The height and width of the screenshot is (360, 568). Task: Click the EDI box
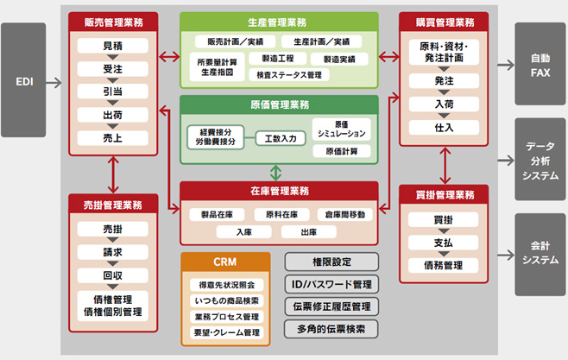coord(23,80)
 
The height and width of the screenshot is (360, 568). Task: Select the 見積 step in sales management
coord(113,46)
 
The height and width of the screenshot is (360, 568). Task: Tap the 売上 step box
coord(113,138)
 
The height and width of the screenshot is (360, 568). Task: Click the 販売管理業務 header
coord(113,22)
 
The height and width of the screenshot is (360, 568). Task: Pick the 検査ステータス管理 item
coord(289,75)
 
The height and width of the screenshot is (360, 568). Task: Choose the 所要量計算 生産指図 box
coord(217,67)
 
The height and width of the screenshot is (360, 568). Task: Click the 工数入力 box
coord(281,138)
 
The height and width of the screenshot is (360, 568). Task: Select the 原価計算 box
coord(342,151)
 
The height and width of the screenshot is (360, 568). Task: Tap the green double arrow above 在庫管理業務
coord(275,173)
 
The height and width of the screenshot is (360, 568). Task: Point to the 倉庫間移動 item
coord(345,214)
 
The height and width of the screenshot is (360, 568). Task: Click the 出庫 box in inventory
coord(309,231)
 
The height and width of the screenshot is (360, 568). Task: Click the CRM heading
coord(225,262)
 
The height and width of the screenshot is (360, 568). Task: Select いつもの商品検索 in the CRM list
coord(227,300)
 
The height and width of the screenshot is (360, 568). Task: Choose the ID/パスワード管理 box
coord(331,284)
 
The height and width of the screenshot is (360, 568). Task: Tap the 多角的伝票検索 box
coord(331,329)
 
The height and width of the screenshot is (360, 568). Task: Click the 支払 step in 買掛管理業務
coord(444,243)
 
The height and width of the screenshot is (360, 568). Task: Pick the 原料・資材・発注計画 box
coord(444,52)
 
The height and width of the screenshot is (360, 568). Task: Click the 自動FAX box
coord(540,64)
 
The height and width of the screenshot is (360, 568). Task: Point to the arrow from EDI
coord(54,83)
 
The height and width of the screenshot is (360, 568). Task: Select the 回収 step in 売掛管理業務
coord(113,275)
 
